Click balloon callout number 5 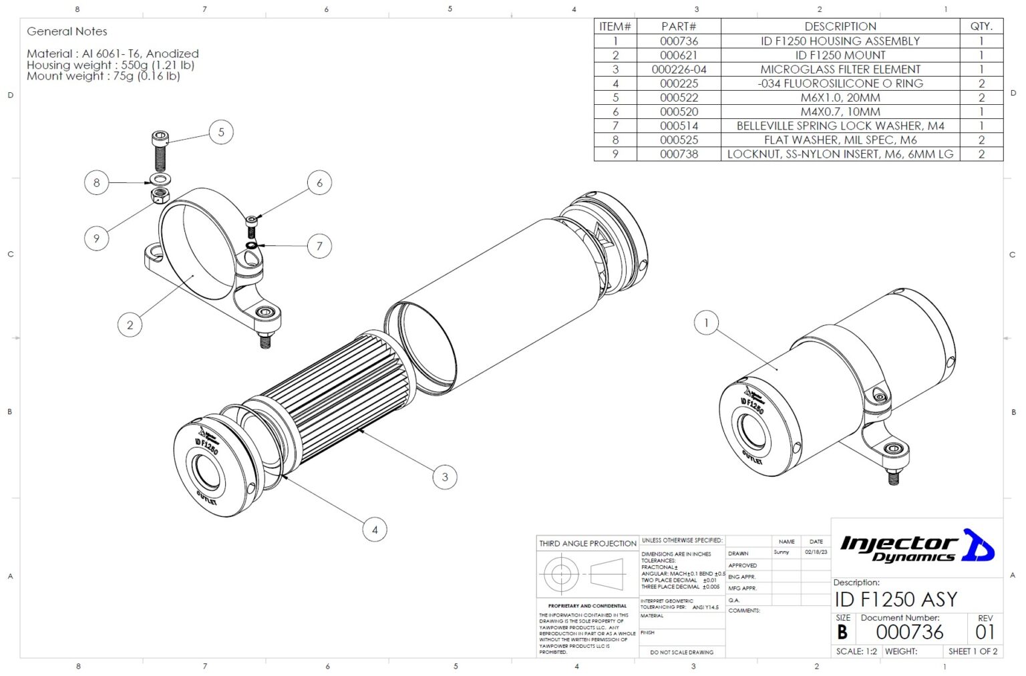(221, 132)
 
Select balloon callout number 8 (97, 182)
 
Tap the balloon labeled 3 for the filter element (445, 477)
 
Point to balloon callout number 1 (706, 323)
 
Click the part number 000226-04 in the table (679, 69)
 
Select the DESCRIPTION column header (840, 27)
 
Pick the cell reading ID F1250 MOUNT (840, 55)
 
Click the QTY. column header (981, 27)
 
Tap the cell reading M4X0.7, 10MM (840, 112)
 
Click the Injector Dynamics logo (916, 547)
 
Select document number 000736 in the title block (909, 632)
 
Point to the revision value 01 (985, 632)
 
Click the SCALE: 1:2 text (856, 651)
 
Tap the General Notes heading (67, 31)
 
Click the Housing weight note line (110, 65)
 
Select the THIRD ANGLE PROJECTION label (588, 544)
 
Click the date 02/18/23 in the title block (816, 552)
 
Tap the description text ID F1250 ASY (895, 599)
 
